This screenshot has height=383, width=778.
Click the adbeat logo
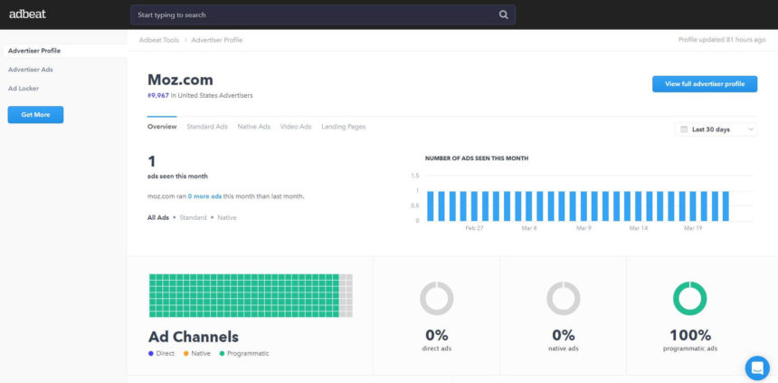(28, 14)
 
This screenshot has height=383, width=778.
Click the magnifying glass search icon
(504, 14)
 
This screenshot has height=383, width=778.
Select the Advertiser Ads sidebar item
(31, 70)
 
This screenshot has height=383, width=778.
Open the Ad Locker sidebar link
(24, 88)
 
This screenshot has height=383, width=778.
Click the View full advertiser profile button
(705, 83)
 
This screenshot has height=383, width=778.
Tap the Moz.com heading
(180, 80)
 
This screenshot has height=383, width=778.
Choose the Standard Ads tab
(207, 127)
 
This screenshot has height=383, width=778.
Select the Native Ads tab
(253, 127)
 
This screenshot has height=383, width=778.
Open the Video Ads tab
(296, 127)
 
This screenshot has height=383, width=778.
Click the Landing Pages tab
(344, 127)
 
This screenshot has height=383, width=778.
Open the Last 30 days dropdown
(716, 129)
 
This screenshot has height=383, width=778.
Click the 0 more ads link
(204, 196)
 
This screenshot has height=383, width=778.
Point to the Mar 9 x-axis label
(583, 228)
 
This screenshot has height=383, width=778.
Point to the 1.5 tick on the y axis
(415, 176)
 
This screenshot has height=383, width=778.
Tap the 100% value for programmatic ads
(689, 335)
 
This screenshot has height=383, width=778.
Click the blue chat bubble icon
(756, 368)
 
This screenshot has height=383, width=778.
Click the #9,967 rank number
(158, 95)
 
